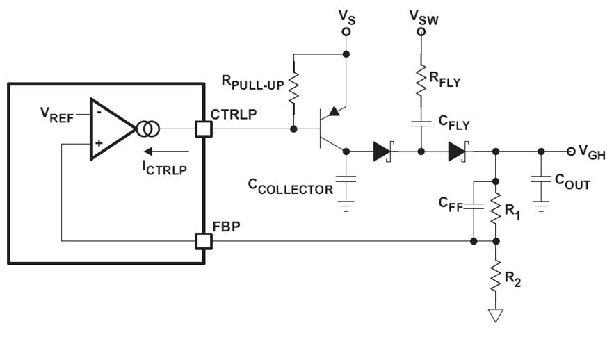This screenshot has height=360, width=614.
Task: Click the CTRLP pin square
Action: pos(204,129)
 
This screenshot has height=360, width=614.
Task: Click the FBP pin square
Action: pos(204,241)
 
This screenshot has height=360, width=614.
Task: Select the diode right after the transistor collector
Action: pos(383,151)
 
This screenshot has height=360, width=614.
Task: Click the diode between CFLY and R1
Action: pos(458,151)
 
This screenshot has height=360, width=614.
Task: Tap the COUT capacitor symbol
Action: pos(541,179)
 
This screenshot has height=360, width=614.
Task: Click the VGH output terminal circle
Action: pos(570,151)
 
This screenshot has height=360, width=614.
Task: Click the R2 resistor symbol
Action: pos(495,277)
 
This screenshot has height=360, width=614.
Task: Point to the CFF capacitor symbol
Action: pos(473,206)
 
